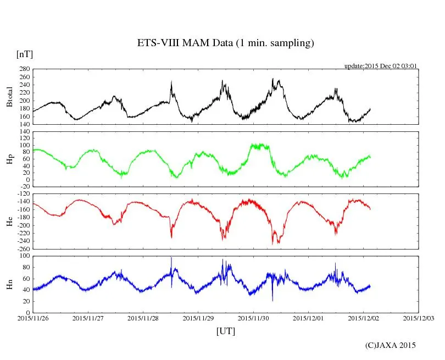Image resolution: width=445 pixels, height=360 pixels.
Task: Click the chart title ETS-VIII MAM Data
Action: (x=225, y=43)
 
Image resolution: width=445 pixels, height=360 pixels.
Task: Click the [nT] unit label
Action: (x=24, y=54)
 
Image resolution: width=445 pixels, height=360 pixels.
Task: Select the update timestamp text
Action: (x=381, y=65)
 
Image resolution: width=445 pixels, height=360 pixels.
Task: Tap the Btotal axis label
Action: (x=9, y=97)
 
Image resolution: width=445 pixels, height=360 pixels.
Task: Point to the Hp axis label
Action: (x=9, y=159)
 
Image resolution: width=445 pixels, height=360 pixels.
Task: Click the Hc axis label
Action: (x=9, y=221)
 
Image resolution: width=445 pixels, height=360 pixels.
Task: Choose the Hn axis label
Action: (x=9, y=284)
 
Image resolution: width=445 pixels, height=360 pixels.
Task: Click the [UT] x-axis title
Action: (x=225, y=331)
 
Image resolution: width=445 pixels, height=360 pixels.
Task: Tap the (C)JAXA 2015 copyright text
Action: (x=390, y=345)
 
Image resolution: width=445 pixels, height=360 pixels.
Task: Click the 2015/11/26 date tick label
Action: (x=32, y=318)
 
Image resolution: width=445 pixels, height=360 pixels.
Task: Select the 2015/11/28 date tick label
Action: (x=143, y=318)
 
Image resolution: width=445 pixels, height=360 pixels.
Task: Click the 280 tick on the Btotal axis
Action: (x=24, y=69)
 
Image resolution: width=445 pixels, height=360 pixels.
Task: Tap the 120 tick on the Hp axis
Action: (x=24, y=131)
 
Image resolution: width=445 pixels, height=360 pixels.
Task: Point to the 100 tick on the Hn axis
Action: (x=24, y=256)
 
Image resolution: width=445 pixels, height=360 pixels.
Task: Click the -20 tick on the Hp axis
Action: (x=24, y=187)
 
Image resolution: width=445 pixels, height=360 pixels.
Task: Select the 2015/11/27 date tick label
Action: (x=88, y=318)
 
